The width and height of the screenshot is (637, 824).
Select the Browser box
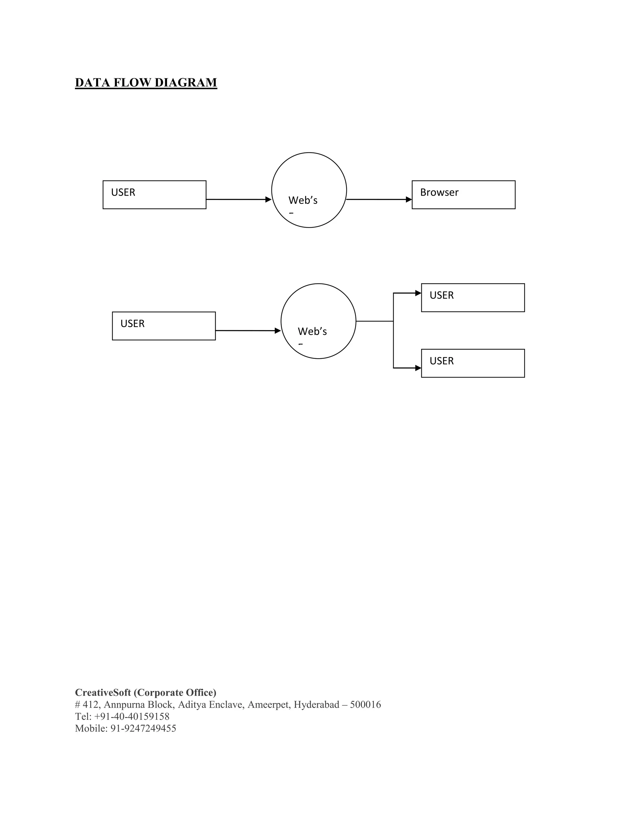[463, 195]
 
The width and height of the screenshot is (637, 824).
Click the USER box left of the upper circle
[154, 195]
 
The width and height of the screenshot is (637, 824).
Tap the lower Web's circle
[318, 321]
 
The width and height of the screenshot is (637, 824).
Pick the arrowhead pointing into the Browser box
[409, 200]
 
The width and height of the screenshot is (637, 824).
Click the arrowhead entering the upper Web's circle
[268, 200]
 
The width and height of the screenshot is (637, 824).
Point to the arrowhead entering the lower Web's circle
[278, 331]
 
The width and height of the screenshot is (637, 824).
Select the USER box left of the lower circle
[164, 326]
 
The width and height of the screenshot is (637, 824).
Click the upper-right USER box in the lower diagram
[472, 298]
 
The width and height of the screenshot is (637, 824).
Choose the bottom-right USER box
[472, 363]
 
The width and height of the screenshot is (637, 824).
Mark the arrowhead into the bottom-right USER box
[418, 368]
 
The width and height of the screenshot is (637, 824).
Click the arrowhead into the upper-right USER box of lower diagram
[418, 293]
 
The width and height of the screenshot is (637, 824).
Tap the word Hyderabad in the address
[316, 704]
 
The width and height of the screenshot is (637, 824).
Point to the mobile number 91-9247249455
[143, 728]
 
